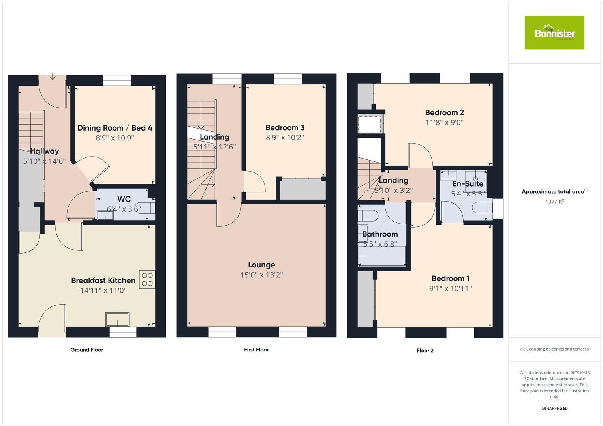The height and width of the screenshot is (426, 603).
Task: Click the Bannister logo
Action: tap(554, 33)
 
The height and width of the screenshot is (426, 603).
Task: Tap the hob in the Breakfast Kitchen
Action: tap(147, 279)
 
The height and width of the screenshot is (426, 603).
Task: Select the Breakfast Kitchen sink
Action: tap(117, 319)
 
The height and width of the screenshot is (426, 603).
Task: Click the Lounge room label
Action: tap(261, 265)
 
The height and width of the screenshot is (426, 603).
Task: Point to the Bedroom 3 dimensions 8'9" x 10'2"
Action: tap(285, 138)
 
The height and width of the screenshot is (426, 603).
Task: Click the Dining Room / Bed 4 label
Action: tap(115, 128)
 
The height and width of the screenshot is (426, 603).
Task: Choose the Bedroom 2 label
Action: tap(444, 112)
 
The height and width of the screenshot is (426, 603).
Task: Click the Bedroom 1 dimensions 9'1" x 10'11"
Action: tap(451, 288)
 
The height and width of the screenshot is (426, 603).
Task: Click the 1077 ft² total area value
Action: tap(554, 202)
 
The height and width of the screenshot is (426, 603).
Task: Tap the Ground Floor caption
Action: tap(87, 350)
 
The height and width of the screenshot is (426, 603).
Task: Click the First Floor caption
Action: tap(256, 349)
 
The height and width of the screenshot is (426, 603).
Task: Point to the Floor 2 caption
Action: tap(425, 350)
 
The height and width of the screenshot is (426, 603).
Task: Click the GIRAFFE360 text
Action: tap(554, 408)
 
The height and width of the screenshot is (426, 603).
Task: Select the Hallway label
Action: tap(44, 151)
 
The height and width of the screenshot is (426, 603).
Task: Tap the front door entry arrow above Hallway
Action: tap(53, 77)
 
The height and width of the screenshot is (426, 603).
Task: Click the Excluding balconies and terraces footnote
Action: tap(554, 349)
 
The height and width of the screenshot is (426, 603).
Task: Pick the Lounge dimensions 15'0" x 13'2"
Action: tap(261, 275)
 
